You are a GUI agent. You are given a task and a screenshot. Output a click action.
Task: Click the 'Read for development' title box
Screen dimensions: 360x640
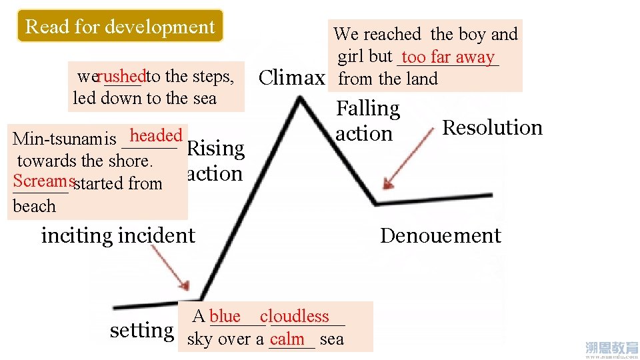click(x=120, y=27)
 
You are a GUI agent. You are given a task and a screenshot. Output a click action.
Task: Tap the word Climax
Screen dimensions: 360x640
click(x=291, y=78)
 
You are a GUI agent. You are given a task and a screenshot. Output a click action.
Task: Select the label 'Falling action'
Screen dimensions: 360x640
click(x=367, y=121)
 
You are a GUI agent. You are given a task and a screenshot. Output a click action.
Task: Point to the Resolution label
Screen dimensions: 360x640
click(x=493, y=127)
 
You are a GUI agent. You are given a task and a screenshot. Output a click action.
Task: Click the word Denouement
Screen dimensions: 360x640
click(x=440, y=235)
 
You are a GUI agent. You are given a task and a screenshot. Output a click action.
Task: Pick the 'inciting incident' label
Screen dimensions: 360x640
click(x=118, y=235)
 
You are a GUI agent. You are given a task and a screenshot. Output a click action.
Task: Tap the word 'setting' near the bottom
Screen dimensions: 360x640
click(x=142, y=329)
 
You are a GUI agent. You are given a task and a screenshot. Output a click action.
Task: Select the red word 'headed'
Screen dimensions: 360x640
click(x=156, y=135)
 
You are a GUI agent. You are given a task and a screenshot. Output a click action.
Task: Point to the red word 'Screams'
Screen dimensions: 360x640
click(x=43, y=181)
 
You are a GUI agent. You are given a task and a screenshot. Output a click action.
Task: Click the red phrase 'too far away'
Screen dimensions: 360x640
click(x=448, y=57)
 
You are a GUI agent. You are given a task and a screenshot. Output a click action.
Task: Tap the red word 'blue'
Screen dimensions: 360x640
click(x=225, y=316)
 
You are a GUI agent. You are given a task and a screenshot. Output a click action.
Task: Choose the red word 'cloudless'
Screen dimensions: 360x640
click(x=295, y=316)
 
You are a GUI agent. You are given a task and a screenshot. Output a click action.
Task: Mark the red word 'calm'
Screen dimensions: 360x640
click(x=287, y=339)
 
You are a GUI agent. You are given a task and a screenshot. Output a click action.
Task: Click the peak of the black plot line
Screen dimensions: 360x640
click(x=301, y=99)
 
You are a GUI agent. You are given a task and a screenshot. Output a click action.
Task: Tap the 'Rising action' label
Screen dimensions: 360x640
click(x=215, y=161)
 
